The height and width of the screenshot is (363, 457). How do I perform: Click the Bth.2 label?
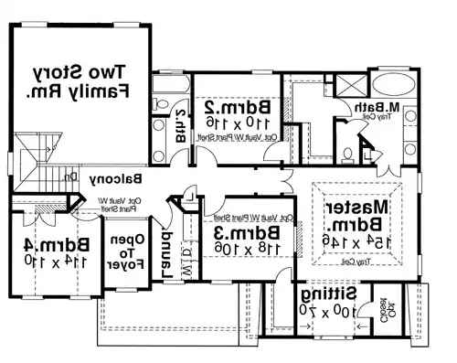click(180, 122)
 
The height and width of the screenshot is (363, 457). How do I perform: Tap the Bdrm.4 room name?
click(42, 244)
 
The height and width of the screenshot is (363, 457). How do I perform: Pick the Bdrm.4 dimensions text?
click(42, 260)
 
